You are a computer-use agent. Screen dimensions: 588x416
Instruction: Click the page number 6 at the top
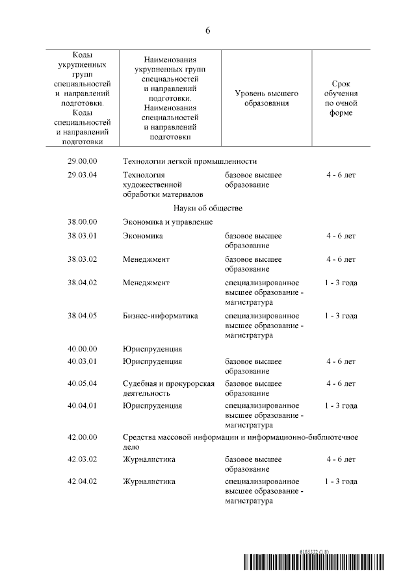point(208,31)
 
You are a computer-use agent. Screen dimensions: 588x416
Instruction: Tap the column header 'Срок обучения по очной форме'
point(341,98)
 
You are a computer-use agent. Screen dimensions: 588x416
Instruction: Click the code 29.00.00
point(83,161)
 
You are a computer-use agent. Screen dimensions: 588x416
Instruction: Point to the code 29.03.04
point(83,175)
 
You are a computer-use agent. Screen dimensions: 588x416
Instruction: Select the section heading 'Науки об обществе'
point(208,208)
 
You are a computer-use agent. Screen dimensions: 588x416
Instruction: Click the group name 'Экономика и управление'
point(168,222)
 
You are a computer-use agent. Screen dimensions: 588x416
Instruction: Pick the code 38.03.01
point(83,236)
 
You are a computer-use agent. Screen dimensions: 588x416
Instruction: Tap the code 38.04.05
point(83,316)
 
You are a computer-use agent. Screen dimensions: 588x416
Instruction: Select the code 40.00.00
point(83,349)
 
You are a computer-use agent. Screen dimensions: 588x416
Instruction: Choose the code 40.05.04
point(83,383)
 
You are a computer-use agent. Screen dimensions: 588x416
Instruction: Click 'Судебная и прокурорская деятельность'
point(168,388)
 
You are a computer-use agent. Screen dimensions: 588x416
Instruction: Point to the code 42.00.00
point(83,437)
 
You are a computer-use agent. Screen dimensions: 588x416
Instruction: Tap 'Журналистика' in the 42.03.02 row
point(149,459)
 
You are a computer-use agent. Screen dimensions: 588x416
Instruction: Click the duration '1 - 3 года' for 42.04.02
point(341,481)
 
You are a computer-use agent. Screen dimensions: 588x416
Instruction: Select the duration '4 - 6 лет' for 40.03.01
point(341,361)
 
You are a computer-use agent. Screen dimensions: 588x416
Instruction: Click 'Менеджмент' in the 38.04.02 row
point(146,282)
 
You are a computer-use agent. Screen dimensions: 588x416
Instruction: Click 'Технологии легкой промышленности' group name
point(190,161)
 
